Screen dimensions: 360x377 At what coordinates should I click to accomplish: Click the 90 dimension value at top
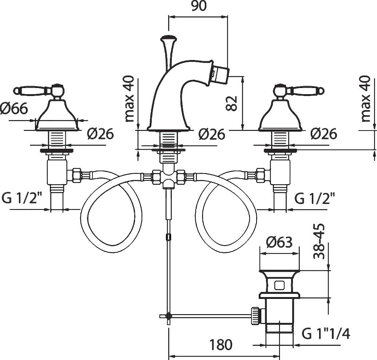(x=198, y=7)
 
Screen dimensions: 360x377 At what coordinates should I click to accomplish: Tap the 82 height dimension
(x=232, y=103)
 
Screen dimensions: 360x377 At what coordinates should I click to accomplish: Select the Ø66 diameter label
(x=14, y=108)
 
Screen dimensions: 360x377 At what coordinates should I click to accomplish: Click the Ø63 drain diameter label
(x=279, y=242)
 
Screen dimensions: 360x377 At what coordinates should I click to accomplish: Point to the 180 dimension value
(x=221, y=344)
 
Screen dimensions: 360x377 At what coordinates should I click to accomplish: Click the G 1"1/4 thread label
(x=326, y=333)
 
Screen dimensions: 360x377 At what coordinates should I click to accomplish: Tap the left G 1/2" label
(x=23, y=199)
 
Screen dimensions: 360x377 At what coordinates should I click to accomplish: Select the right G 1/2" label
(x=314, y=199)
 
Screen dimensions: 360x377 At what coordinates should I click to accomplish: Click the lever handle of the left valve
(x=31, y=90)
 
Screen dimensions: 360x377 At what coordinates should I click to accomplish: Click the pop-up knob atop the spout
(x=168, y=38)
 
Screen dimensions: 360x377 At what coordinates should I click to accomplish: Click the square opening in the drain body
(x=279, y=285)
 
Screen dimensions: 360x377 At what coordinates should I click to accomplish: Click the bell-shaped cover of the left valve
(x=57, y=116)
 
